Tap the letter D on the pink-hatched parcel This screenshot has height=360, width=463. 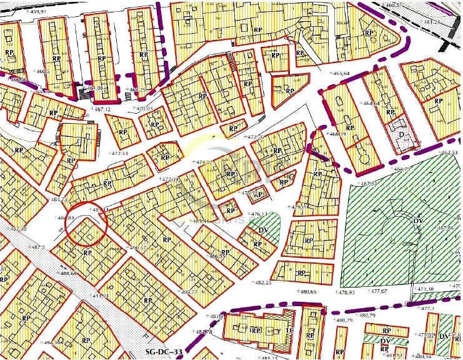pyautogui.click(x=401, y=134)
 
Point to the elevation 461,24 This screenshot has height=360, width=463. pyautogui.click(x=432, y=22)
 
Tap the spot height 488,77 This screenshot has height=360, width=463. pyautogui.click(x=187, y=292)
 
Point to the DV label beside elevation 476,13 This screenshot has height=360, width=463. pyautogui.click(x=263, y=230)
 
